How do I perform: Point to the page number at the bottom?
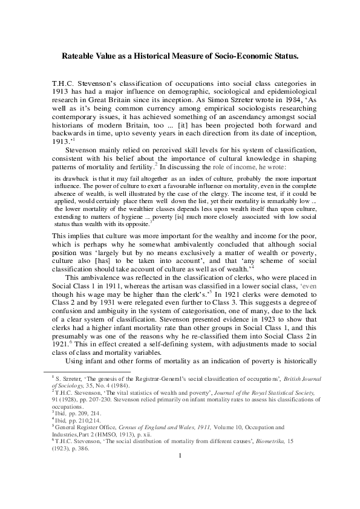(180, 488)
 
